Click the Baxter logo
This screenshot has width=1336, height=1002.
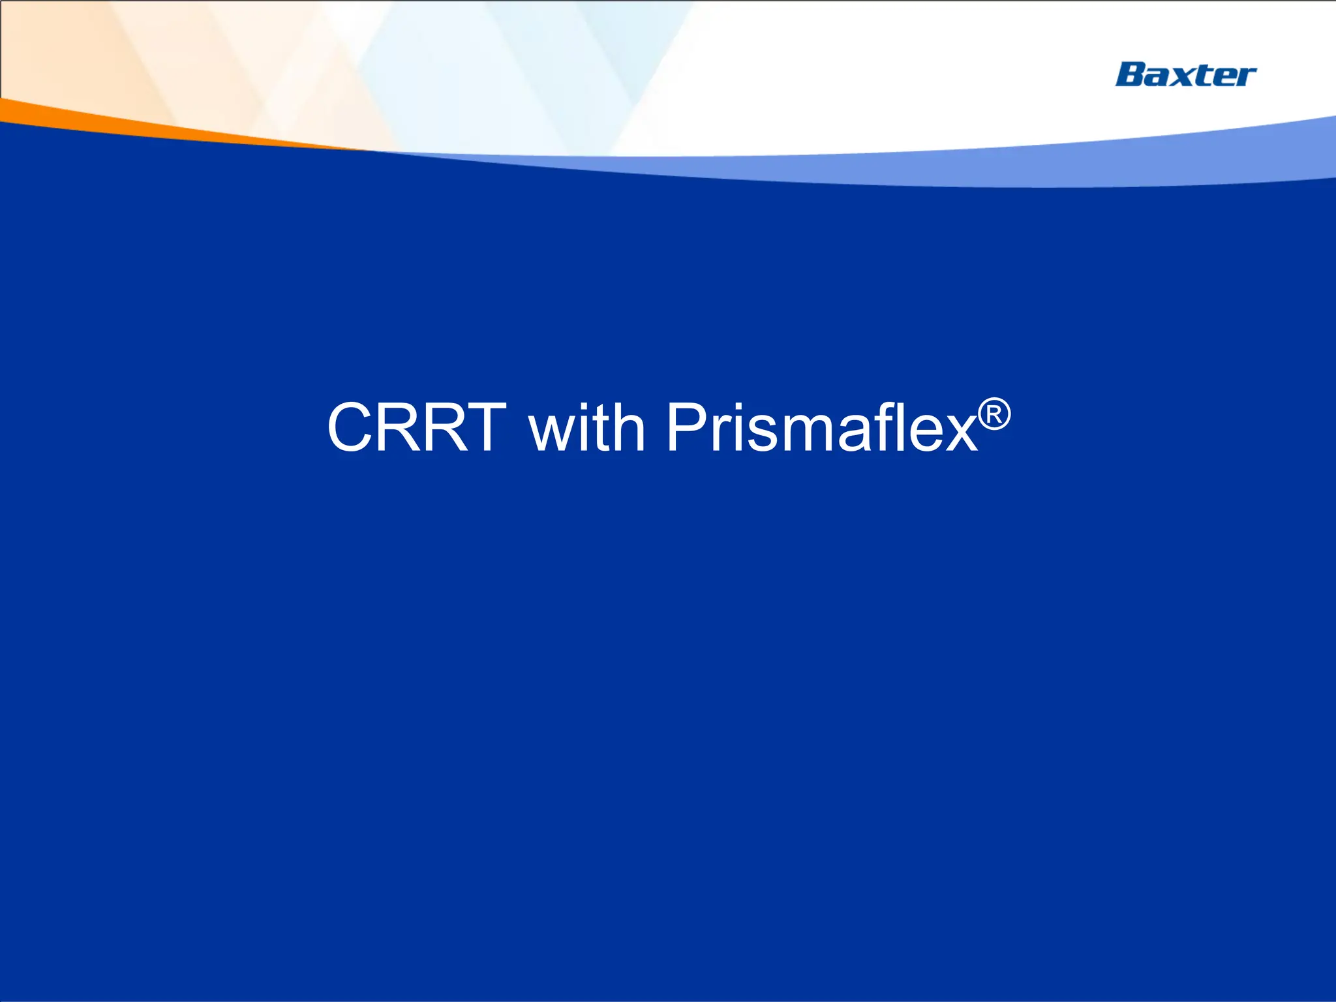[1185, 74]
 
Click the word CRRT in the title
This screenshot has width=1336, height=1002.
[416, 427]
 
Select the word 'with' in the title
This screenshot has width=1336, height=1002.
[586, 427]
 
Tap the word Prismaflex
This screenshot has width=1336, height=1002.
[821, 427]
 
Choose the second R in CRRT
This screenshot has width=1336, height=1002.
[442, 427]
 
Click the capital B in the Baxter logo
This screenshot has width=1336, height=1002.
[1131, 74]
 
